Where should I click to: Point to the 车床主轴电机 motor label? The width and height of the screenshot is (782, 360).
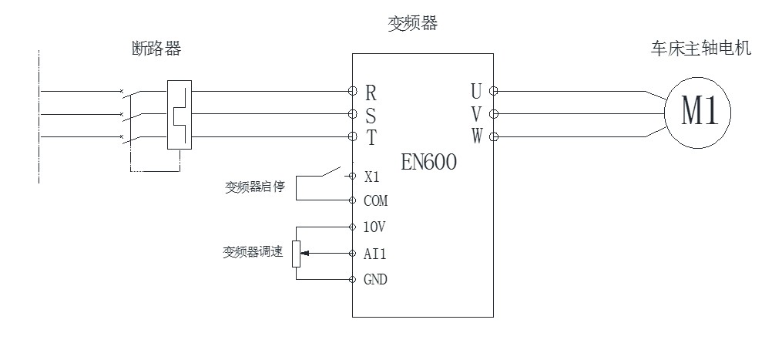pyautogui.click(x=700, y=49)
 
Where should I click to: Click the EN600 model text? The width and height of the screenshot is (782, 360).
pyautogui.click(x=429, y=162)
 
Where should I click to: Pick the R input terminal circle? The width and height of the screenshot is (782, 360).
pyautogui.click(x=352, y=91)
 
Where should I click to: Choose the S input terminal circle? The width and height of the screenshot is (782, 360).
pyautogui.click(x=352, y=114)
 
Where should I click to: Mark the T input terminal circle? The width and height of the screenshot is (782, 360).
pyautogui.click(x=352, y=136)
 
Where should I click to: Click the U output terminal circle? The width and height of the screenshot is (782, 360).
pyautogui.click(x=494, y=91)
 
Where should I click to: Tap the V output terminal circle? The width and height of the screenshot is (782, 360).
pyautogui.click(x=494, y=114)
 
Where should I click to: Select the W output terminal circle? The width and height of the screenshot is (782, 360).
pyautogui.click(x=494, y=137)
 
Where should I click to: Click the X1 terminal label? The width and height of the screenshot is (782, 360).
pyautogui.click(x=371, y=176)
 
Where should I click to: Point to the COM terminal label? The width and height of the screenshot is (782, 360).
pyautogui.click(x=375, y=201)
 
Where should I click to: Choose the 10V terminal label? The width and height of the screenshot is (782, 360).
pyautogui.click(x=375, y=227)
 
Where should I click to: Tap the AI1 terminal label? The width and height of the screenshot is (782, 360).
pyautogui.click(x=374, y=254)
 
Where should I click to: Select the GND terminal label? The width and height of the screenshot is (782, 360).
pyautogui.click(x=375, y=280)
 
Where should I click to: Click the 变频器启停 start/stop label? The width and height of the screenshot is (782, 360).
pyautogui.click(x=254, y=187)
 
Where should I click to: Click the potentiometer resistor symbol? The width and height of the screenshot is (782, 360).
pyautogui.click(x=297, y=254)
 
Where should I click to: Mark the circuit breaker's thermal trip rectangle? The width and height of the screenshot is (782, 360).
pyautogui.click(x=179, y=114)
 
